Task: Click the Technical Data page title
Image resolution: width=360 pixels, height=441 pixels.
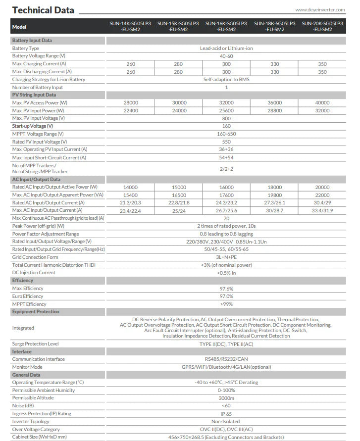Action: (43, 10)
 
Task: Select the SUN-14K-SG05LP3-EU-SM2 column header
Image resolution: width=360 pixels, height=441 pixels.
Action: (130, 26)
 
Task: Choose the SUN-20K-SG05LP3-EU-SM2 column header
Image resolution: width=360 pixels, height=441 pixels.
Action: (322, 26)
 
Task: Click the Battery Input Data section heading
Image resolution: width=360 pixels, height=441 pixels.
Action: (32, 41)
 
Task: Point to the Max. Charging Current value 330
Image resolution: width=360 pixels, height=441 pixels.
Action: (274, 64)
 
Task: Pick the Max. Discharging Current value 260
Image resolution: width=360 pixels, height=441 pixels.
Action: (130, 72)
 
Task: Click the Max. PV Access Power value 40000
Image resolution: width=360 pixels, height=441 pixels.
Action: (322, 102)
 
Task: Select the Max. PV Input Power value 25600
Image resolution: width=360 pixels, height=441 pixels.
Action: (226, 110)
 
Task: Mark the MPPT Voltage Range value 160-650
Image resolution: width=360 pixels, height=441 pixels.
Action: (226, 134)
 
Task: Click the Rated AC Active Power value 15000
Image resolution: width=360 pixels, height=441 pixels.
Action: (178, 187)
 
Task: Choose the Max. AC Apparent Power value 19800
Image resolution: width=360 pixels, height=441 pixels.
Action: (274, 195)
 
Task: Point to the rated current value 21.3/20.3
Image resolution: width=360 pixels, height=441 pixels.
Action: (130, 202)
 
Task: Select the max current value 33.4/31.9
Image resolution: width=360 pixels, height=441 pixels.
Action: (322, 210)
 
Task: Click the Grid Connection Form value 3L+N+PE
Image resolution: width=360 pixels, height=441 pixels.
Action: (226, 257)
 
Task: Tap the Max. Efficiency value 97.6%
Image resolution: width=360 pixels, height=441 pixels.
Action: (226, 288)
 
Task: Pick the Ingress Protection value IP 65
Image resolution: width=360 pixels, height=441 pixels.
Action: (226, 413)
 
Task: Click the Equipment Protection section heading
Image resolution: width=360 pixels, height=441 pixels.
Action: (35, 312)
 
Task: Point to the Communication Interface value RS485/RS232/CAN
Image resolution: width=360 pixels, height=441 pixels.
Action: (226, 359)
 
